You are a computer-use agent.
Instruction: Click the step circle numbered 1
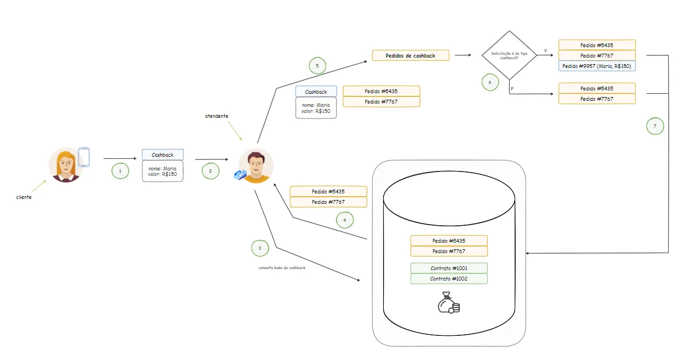pyautogui.click(x=120, y=171)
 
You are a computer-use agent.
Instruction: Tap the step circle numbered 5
pyautogui.click(x=317, y=66)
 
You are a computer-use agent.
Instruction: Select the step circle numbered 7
pyautogui.click(x=655, y=126)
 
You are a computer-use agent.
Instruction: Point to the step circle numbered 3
pyautogui.click(x=260, y=248)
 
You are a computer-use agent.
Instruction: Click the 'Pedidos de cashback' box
pyautogui.click(x=411, y=55)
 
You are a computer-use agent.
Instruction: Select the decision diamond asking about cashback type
pyautogui.click(x=509, y=55)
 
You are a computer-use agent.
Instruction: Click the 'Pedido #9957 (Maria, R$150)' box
pyautogui.click(x=597, y=66)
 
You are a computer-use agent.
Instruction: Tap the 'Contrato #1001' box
pyautogui.click(x=449, y=268)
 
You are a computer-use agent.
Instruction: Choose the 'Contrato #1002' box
pyautogui.click(x=449, y=279)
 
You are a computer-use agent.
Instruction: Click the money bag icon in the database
pyautogui.click(x=449, y=302)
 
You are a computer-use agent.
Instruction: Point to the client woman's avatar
pyautogui.click(x=66, y=165)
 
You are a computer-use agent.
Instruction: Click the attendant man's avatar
pyautogui.click(x=256, y=166)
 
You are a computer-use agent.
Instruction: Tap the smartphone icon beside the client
pyautogui.click(x=84, y=157)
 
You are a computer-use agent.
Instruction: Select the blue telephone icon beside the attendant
pyautogui.click(x=240, y=175)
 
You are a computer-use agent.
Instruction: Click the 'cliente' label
pyautogui.click(x=24, y=197)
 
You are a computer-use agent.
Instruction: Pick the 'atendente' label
pyautogui.click(x=216, y=116)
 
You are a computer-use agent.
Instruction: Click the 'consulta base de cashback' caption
pyautogui.click(x=282, y=268)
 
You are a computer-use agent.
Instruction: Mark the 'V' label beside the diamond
pyautogui.click(x=546, y=50)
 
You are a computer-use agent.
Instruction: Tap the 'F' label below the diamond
pyautogui.click(x=512, y=89)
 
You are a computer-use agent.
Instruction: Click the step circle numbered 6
pyautogui.click(x=490, y=82)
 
